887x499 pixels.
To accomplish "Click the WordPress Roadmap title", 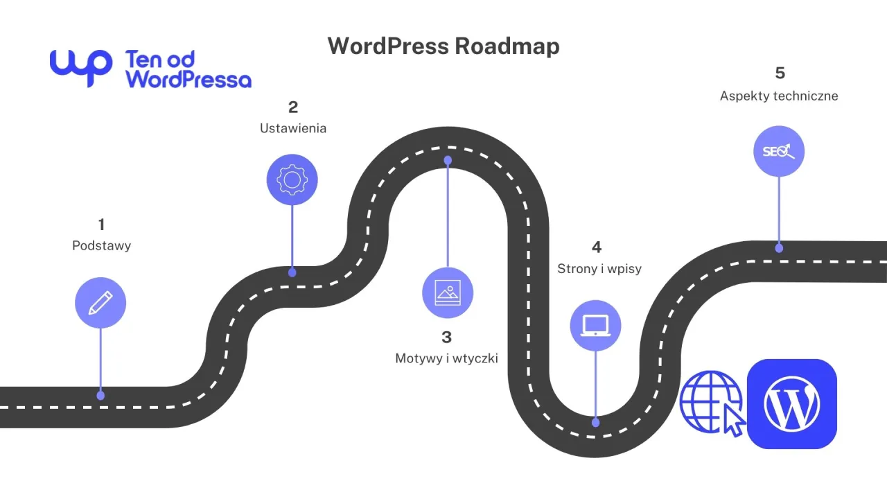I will coord(443,46).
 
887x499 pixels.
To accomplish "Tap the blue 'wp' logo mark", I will coord(80,67).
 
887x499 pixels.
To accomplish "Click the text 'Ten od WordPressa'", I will coord(188,69).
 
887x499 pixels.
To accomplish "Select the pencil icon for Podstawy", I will coord(100,302).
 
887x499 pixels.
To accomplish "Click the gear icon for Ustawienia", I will coord(292,180).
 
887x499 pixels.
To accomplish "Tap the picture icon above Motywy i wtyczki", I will coord(448,292).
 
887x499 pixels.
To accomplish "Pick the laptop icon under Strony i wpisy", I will coord(595,325).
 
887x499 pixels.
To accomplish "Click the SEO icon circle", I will coord(779,151).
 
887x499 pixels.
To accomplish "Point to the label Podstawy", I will coord(101,245).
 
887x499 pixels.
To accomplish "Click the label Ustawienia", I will coord(293,128).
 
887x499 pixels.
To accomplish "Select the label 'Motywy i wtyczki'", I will coord(446,358).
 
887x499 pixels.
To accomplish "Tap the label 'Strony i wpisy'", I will coord(599,268).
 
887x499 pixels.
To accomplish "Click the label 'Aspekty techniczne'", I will coord(779,96).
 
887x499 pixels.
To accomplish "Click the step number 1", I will coord(101,225).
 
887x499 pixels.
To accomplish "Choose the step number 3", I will coord(446,337).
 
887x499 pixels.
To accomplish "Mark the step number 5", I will coord(780,73).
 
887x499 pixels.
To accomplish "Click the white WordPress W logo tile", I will coord(791,404).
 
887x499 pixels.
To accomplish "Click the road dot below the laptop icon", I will coord(595,422).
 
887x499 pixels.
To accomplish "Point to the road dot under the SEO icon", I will coord(779,248).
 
